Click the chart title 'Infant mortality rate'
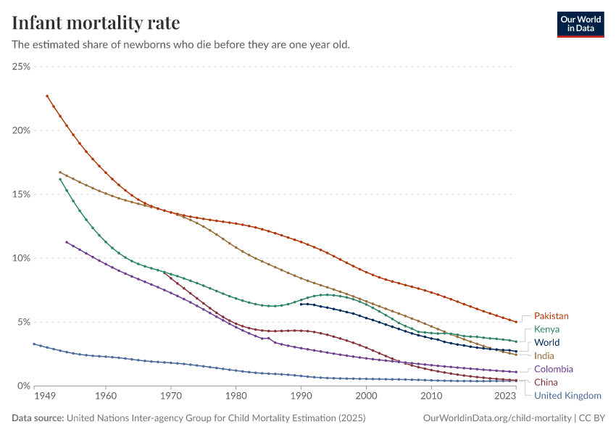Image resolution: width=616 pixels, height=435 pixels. (96, 22)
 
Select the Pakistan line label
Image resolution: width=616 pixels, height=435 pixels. (551, 316)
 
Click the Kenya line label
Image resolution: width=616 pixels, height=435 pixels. (546, 329)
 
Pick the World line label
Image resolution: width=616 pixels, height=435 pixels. (546, 342)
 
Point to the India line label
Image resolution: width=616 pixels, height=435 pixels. (544, 356)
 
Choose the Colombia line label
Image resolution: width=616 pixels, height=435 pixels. (554, 369)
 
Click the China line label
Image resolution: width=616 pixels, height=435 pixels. (546, 382)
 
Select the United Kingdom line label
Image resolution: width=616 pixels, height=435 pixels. (567, 395)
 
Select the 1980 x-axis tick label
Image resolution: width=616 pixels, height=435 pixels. (236, 397)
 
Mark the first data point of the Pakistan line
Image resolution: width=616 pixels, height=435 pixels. (47, 96)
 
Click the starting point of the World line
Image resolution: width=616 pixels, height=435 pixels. (301, 304)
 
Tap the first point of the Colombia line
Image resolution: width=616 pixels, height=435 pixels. (67, 242)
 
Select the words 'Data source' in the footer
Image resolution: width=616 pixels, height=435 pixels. (36, 418)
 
